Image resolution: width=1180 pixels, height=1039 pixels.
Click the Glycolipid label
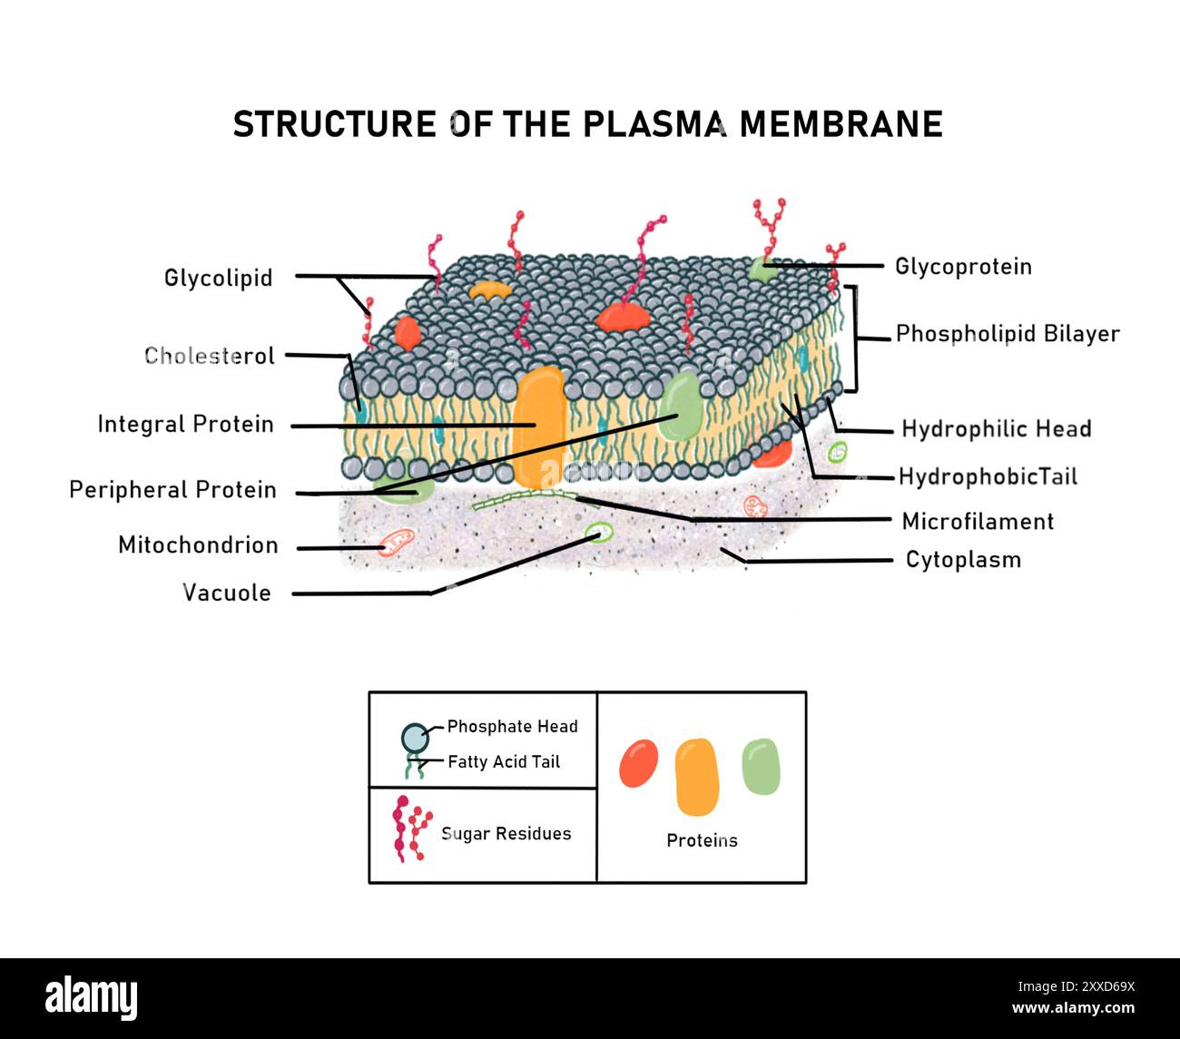(x=218, y=278)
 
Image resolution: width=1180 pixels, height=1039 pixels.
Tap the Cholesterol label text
(x=210, y=356)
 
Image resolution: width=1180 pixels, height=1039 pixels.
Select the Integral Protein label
(x=185, y=424)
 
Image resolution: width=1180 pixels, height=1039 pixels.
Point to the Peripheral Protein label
(x=172, y=490)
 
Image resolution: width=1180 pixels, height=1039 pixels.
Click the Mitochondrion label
(x=198, y=545)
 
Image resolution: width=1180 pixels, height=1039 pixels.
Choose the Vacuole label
(x=227, y=593)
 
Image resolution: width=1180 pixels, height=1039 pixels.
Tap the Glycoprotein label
(x=963, y=267)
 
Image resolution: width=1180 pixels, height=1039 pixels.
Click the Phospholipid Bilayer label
(x=1008, y=334)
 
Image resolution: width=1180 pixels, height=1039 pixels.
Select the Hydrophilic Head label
(x=996, y=429)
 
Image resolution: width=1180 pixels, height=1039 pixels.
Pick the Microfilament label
(x=978, y=522)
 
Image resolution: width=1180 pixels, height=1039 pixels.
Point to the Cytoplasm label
(x=963, y=560)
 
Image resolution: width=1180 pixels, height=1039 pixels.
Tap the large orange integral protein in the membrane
(x=538, y=425)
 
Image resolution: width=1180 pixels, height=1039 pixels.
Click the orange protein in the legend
(x=697, y=777)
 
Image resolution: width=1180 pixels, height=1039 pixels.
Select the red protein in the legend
(x=638, y=763)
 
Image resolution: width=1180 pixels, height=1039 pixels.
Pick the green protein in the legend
(x=761, y=767)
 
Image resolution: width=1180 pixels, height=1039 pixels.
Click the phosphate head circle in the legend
(x=414, y=738)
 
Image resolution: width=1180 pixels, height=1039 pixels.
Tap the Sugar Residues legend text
(x=506, y=834)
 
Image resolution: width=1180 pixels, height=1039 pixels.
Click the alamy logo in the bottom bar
(x=92, y=998)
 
